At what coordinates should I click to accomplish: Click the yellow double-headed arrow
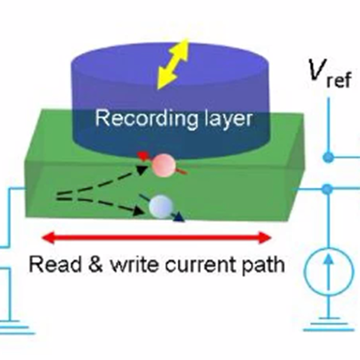[x=173, y=64]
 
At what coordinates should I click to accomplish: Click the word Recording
[x=146, y=118]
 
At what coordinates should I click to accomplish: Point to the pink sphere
[x=163, y=166]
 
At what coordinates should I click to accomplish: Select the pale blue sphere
[x=161, y=206]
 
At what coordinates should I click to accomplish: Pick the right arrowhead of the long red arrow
[x=265, y=238]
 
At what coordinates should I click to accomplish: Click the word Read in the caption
[x=55, y=264]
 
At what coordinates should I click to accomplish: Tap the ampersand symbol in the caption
[x=95, y=264]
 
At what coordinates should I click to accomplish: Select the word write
[x=134, y=264]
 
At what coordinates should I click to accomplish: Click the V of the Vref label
[x=317, y=70]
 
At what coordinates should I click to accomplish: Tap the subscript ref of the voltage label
[x=338, y=79]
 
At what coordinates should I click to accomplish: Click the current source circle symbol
[x=328, y=272]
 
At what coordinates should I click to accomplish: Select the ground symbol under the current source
[x=328, y=324]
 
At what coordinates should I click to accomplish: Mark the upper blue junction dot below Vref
[x=328, y=158]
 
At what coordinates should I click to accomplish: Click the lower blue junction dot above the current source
[x=328, y=189]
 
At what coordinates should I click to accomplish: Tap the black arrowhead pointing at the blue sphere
[x=140, y=211]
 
